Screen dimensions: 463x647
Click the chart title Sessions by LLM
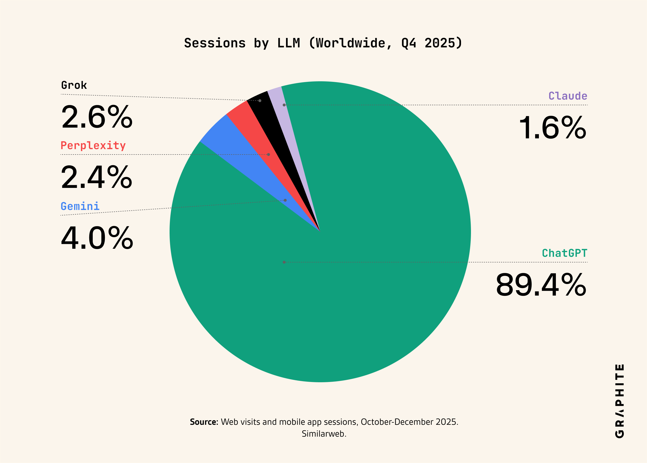323,43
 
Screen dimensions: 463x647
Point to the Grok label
74,85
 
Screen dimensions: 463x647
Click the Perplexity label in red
93,146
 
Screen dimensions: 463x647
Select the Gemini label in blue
80,206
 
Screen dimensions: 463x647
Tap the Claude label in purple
568,96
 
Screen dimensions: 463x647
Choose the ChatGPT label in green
565,253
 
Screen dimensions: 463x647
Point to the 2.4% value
97,177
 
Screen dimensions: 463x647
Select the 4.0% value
97,238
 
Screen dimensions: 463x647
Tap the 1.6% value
553,128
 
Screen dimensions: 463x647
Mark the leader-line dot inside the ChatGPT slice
284,262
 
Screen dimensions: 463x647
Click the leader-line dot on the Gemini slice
285,200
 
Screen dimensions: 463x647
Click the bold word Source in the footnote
204,422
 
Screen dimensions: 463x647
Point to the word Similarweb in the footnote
324,434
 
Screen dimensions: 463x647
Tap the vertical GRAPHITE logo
620,401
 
